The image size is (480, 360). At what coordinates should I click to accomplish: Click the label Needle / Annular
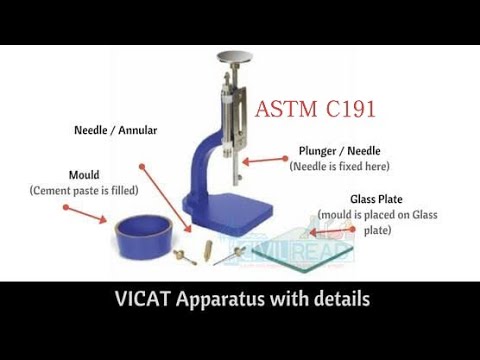116,130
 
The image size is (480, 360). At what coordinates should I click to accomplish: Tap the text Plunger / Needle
339,151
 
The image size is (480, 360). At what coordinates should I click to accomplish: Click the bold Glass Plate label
376,199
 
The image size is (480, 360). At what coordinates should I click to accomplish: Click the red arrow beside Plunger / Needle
265,158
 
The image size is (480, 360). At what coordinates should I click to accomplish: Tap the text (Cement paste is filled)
84,189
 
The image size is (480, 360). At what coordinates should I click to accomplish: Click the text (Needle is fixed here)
339,166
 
